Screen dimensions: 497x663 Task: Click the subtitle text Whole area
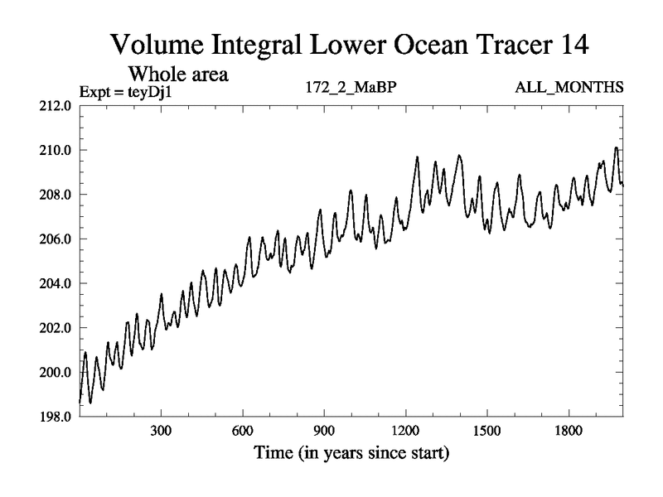coord(178,75)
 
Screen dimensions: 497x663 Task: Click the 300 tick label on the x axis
coord(161,432)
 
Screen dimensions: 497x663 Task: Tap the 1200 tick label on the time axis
coord(405,432)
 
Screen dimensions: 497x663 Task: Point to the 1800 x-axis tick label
coord(569,432)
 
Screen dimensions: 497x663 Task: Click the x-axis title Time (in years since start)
coord(351,453)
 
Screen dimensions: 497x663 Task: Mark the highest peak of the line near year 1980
coord(616,147)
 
